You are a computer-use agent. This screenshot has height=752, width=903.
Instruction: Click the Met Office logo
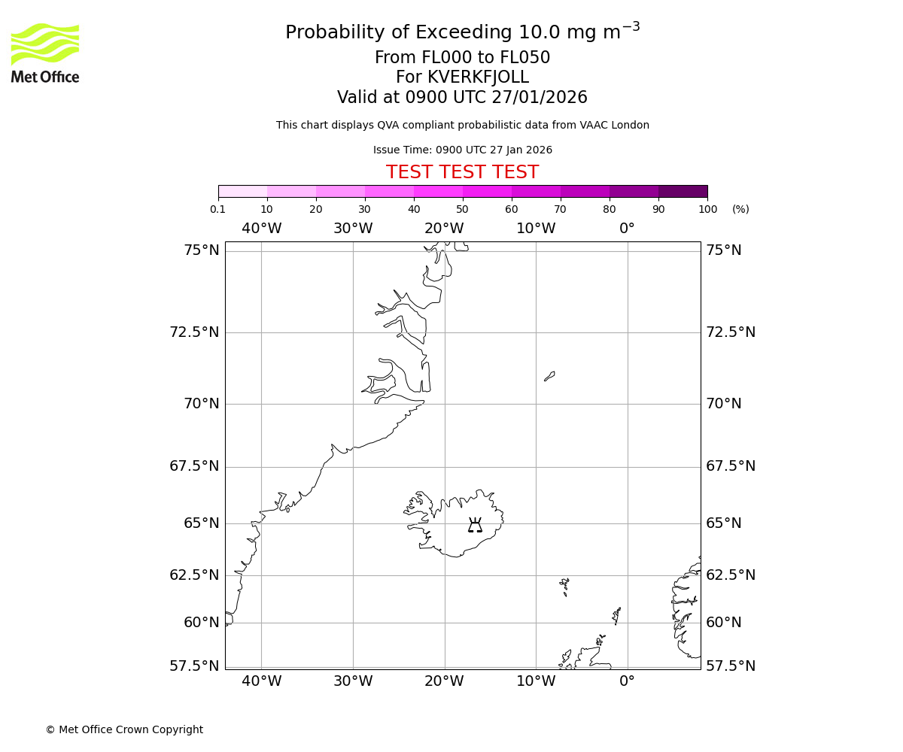coord(45,53)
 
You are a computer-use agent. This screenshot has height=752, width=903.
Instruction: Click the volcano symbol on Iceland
coord(475,525)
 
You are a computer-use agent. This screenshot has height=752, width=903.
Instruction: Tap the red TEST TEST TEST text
coord(462,172)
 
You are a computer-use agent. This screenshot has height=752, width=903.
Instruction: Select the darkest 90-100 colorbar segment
coord(683,191)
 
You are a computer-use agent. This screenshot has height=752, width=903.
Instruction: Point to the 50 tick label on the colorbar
coord(462,210)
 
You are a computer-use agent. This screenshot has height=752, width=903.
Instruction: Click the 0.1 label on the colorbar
coord(217,210)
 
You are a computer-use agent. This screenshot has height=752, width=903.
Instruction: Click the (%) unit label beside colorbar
coord(740,210)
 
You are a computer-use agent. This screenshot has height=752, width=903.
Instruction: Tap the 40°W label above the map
coord(261,229)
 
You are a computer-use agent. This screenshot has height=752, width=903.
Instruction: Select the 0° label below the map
coord(627,681)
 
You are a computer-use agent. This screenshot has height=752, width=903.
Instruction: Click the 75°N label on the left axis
coord(201,250)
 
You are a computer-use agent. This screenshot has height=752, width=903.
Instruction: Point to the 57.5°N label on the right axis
coord(730,666)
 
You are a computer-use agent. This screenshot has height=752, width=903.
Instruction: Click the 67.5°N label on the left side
coord(194,466)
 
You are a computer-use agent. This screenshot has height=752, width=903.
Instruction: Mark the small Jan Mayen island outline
coord(549,376)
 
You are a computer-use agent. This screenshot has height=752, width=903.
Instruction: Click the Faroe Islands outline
coord(564,586)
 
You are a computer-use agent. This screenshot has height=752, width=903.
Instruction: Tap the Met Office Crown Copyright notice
coord(124,729)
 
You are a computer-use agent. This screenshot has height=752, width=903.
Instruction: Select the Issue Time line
coord(462,150)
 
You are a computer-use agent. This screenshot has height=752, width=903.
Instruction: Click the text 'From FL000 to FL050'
coord(462,58)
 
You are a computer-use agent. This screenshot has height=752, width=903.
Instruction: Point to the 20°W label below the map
coord(444,681)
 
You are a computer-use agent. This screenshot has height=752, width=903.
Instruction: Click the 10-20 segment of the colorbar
coord(291,191)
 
